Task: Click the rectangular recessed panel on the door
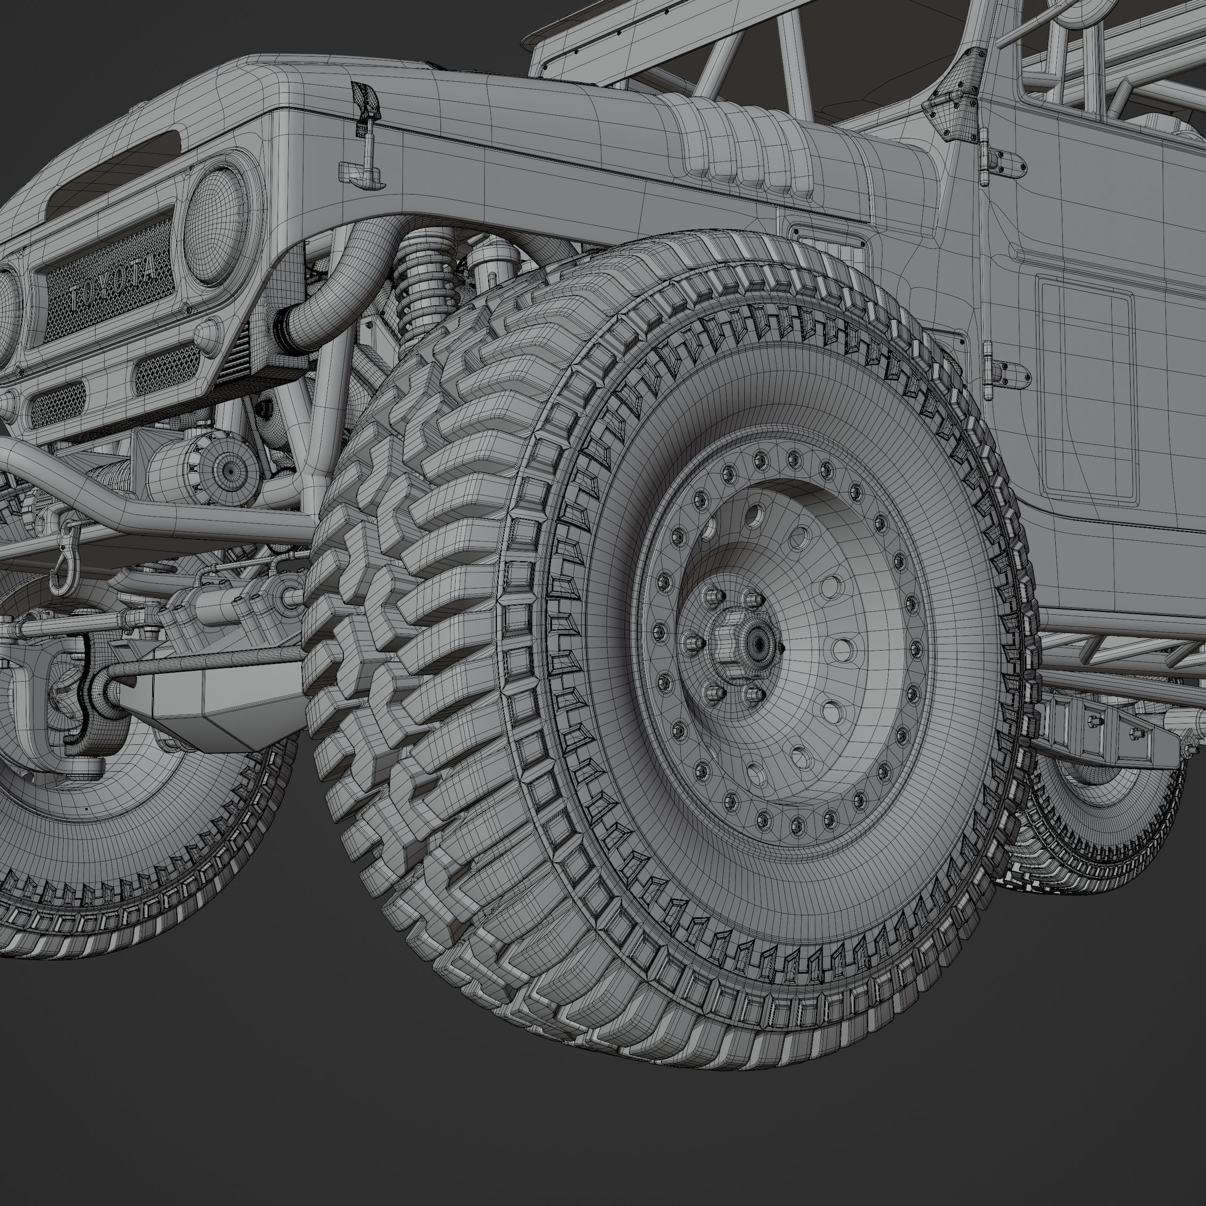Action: click(1086, 387)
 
